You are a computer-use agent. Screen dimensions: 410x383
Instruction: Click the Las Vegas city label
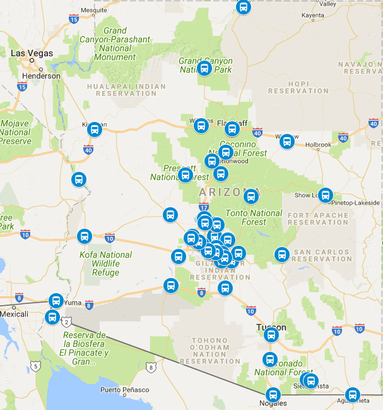pos(32,53)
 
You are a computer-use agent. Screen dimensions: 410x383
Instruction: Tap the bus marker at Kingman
pos(95,130)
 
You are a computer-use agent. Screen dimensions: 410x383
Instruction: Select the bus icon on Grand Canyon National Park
pos(204,68)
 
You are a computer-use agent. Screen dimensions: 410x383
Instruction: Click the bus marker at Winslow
pos(287,142)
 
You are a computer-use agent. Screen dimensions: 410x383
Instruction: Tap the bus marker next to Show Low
pos(326,195)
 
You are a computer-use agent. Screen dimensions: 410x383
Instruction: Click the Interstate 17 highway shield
pos(203,207)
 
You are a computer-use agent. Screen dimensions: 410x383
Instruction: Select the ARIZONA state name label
pos(221,191)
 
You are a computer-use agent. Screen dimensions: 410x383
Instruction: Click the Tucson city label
pos(271,327)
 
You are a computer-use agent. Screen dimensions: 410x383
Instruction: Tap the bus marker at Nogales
pos(273,395)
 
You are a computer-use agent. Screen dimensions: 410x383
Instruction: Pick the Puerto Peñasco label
pos(125,390)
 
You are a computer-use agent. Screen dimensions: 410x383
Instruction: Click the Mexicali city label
pos(14,313)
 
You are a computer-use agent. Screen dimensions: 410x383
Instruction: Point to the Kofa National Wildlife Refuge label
pos(106,263)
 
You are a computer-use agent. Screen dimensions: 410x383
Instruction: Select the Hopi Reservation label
pos(298,87)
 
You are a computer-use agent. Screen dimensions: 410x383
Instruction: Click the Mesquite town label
pos(93,10)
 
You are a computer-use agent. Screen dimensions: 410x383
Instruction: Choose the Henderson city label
pos(41,76)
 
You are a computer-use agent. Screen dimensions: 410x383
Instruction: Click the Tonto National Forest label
pos(255,217)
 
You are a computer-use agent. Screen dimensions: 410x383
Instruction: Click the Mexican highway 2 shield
pos(67,322)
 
